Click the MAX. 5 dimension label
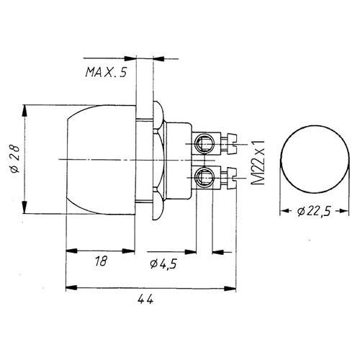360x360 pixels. pos(106,72)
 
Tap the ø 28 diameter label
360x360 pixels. pos(15,158)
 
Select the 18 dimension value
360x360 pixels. pos(101,261)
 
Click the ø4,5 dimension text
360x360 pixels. pos(163,264)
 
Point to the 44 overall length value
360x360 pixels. pos(145,299)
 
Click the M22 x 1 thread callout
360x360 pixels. pos(258,163)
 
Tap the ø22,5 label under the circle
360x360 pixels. pos(314,211)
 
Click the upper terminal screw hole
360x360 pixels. pos(204,143)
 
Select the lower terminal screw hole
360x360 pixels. pos(204,177)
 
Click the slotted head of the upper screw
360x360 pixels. pos(233,143)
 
